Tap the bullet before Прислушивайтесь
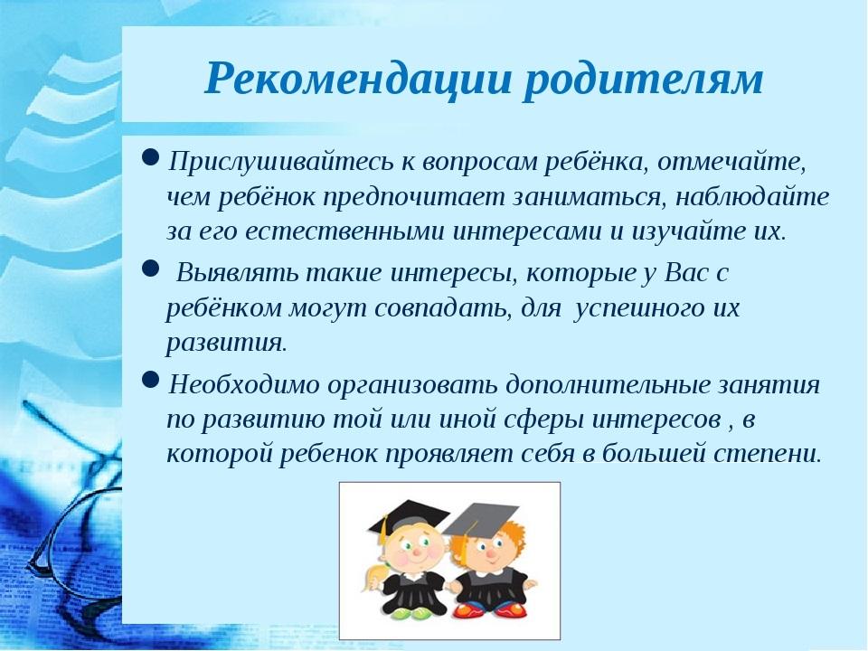151,157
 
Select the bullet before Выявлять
151,269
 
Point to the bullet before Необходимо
151,379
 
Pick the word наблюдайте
752,196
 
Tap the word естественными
344,231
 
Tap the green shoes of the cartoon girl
407,613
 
